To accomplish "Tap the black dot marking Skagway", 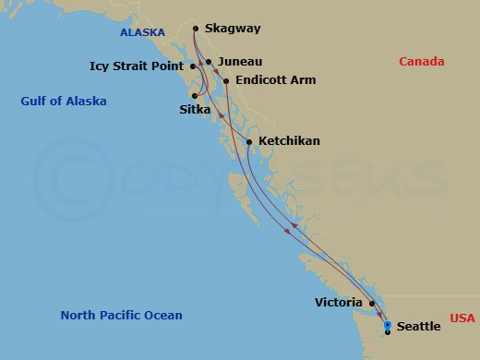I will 197,29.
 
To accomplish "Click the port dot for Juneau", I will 210,62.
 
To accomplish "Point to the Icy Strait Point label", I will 137,66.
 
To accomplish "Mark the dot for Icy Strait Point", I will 191,66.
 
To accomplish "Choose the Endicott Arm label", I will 275,80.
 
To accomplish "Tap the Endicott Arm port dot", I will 226,80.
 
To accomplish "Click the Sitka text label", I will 195,110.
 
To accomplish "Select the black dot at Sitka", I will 195,95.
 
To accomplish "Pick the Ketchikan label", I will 290,141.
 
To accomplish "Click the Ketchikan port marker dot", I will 249,141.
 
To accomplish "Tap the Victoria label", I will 339,302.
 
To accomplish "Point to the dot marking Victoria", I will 371,303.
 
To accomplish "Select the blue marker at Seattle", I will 388,325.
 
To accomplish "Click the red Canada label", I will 421,62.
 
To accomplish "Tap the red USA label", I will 462,318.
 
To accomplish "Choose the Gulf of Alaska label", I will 64,101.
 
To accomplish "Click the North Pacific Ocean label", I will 121,316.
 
